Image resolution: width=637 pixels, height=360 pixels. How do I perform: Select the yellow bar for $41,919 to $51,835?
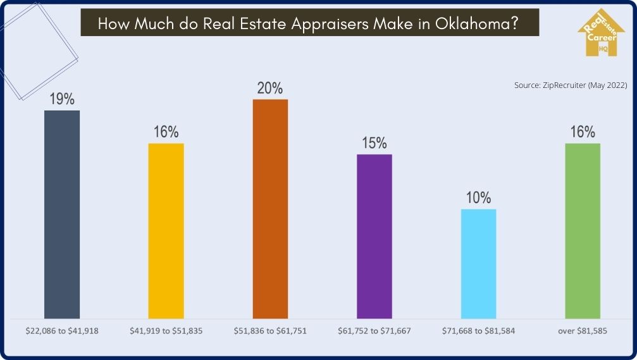166,230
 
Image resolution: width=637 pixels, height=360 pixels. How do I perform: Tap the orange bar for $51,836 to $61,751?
270,208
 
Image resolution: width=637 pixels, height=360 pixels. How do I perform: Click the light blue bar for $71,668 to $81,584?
479,263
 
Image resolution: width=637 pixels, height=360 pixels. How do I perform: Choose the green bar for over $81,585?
583,230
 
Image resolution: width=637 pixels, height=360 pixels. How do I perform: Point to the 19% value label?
62,99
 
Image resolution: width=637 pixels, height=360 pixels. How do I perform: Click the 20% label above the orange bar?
270,88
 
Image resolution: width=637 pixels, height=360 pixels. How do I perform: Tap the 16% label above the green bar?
583,132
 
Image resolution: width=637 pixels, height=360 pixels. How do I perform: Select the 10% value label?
479,198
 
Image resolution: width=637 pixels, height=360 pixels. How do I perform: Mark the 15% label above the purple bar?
374,144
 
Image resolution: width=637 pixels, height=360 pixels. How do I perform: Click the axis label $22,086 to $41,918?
62,331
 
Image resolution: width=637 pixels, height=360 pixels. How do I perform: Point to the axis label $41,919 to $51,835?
166,331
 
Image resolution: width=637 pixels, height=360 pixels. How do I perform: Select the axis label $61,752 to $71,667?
374,331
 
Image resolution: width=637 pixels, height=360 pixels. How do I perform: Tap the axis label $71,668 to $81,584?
479,331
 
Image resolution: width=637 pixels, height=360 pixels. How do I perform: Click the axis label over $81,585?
583,331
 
